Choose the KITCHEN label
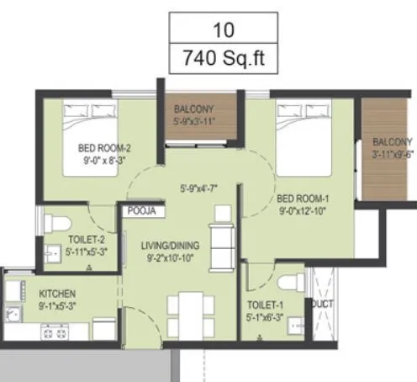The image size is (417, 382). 58,294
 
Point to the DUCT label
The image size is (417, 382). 322,304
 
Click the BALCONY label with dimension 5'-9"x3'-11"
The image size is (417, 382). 194,109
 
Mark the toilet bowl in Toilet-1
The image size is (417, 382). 288,282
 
